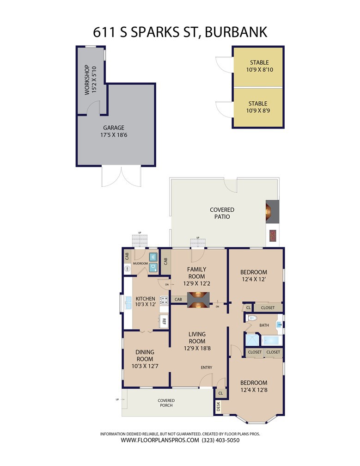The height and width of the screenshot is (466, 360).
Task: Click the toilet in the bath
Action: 251,318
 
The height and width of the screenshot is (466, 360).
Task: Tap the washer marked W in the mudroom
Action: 153,257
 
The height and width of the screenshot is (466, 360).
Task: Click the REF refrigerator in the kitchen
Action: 164,321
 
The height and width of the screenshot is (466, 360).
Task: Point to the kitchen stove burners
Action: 164,300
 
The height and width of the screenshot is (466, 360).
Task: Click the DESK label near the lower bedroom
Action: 218,406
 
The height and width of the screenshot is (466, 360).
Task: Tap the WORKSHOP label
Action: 87,80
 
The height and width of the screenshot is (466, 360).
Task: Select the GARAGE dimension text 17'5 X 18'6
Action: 114,135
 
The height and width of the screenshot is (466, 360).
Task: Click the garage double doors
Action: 121,177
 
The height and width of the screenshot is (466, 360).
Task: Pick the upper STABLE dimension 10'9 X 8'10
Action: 260,70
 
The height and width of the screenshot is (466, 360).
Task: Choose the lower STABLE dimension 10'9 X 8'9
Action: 258,111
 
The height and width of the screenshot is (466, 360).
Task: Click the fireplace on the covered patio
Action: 272,211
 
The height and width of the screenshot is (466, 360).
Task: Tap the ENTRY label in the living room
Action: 207,368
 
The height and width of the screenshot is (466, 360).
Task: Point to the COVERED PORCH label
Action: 166,403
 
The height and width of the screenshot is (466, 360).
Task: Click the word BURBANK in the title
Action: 236,32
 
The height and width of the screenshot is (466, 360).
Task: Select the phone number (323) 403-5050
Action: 220,440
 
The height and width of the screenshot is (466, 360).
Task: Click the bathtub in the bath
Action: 272,340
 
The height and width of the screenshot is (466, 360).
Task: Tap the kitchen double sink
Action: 128,302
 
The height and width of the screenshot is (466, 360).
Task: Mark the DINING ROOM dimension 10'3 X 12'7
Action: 145,366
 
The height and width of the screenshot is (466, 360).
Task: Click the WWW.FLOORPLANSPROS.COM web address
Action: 160,440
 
